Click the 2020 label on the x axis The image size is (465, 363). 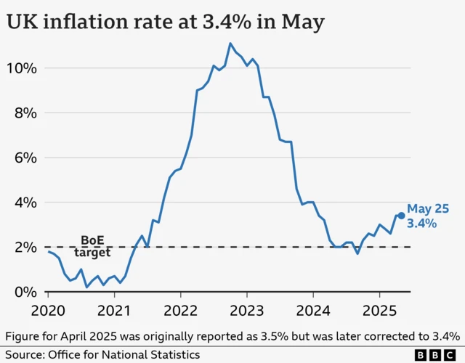coord(49,310)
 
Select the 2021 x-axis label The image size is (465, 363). coord(115,310)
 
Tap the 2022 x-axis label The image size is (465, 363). coord(181,310)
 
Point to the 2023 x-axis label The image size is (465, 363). coord(247,310)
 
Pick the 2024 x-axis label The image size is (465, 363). coord(313,310)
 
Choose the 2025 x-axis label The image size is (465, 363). coord(379,310)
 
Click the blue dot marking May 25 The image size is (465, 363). coord(401,216)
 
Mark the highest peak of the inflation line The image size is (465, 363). coord(230,44)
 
